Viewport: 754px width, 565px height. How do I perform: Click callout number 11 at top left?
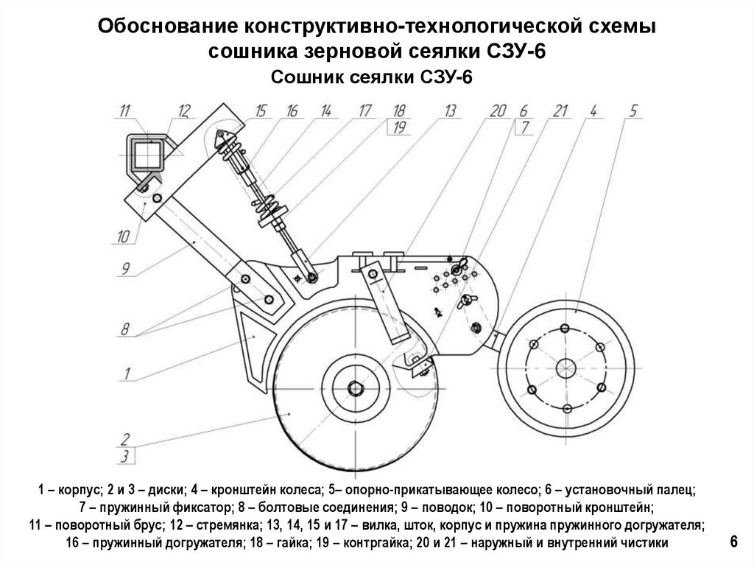click(x=124, y=111)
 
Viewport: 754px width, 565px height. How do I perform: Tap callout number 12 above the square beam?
click(x=183, y=111)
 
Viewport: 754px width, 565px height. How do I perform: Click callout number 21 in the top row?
click(x=560, y=111)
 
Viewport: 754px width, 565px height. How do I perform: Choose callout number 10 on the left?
click(x=122, y=236)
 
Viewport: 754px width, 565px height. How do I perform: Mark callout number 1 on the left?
click(x=126, y=373)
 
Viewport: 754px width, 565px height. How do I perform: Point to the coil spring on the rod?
click(x=272, y=202)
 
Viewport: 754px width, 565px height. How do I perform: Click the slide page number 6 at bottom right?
click(x=733, y=541)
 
